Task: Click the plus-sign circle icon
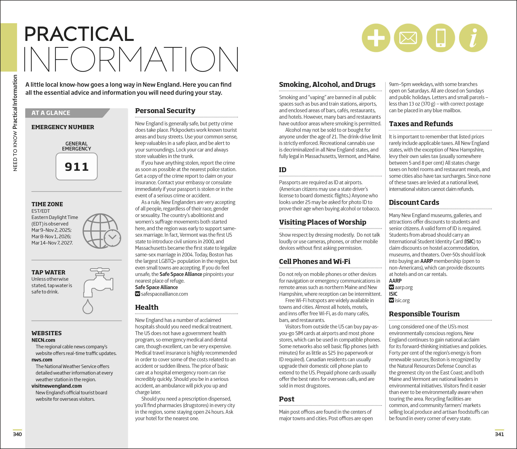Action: pyautogui.click(x=376, y=38)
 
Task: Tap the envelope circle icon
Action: pyautogui.click(x=408, y=38)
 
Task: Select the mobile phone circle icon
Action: pyautogui.click(x=441, y=38)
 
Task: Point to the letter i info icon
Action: pyautogui.click(x=473, y=38)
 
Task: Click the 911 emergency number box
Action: pyautogui.click(x=76, y=166)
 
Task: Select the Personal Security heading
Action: pyautogui.click(x=165, y=111)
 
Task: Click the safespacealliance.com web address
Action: pyautogui.click(x=164, y=294)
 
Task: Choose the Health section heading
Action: pyautogui.click(x=147, y=307)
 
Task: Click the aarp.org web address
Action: pyautogui.click(x=404, y=287)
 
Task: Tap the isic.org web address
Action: pyautogui.click(x=402, y=300)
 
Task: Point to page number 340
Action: pyautogui.click(x=17, y=434)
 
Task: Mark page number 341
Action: pyautogui.click(x=499, y=434)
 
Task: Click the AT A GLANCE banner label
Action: pyautogui.click(x=51, y=113)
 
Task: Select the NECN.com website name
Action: pyautogui.click(x=43, y=340)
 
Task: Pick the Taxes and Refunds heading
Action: pyautogui.click(x=421, y=124)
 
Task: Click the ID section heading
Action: pyautogui.click(x=283, y=170)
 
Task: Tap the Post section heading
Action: pyautogui.click(x=287, y=399)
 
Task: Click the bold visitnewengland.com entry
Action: pyautogui.click(x=57, y=386)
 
